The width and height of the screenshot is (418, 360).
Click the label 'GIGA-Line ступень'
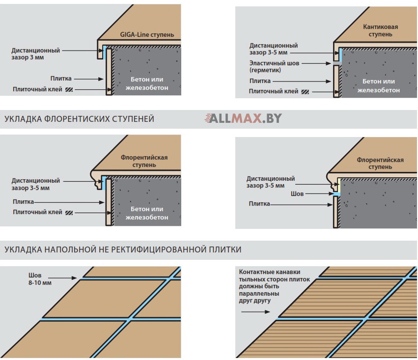click(147, 35)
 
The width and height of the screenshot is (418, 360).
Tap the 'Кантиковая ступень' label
click(380, 30)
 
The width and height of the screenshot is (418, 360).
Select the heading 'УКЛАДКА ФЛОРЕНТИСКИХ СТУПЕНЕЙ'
click(79, 119)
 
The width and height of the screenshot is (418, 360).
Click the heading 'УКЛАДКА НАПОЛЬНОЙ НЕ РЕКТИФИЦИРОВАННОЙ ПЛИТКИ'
click(123, 249)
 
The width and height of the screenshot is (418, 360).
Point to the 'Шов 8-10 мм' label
click(40, 279)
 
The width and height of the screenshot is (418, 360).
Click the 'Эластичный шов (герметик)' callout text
click(274, 67)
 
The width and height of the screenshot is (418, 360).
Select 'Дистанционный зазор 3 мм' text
click(36, 54)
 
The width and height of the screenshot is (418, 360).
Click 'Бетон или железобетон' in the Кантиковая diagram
click(381, 85)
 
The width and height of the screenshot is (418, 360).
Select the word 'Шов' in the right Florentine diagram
click(297, 194)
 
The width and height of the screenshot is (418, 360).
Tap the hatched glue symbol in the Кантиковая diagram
click(306, 91)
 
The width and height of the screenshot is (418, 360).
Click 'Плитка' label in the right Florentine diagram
click(259, 204)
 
